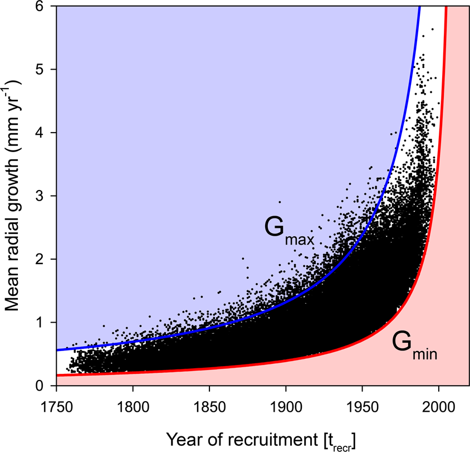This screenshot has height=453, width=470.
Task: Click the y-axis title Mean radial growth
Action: click(x=14, y=195)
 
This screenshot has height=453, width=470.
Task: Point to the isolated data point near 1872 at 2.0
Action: click(x=243, y=259)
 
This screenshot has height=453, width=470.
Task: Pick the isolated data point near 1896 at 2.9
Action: click(x=280, y=202)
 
